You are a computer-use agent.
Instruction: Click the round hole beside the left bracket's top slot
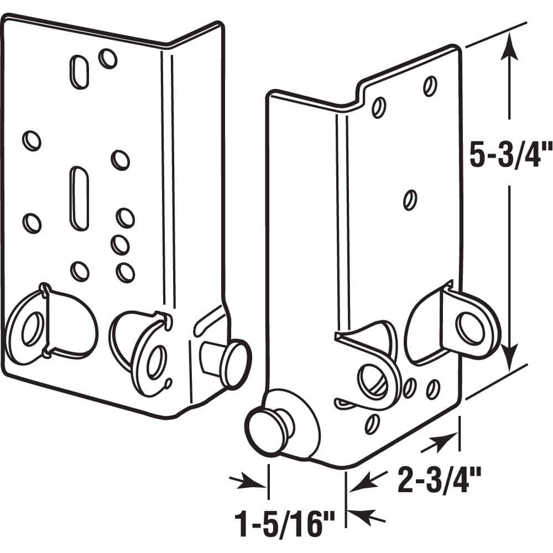coord(108,58)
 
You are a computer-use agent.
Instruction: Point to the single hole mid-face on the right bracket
coord(410,199)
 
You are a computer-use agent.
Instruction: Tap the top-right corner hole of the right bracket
coord(430,86)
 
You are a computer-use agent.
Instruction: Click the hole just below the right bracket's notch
coord(379,108)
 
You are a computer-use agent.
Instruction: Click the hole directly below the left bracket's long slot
coord(80,270)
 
